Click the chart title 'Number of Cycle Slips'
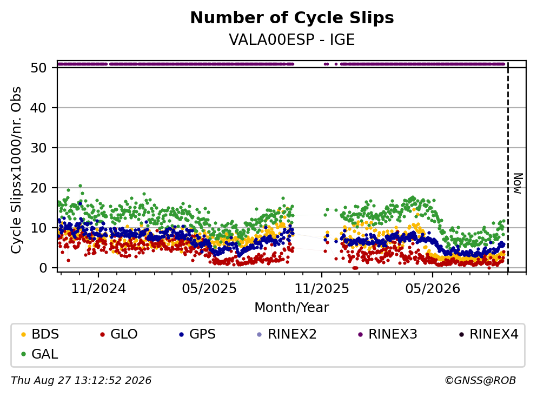[292, 18]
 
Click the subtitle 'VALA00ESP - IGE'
[292, 39]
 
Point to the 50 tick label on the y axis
[38, 68]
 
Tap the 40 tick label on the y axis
[38, 108]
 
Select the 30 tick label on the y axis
[38, 148]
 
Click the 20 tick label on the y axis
[38, 188]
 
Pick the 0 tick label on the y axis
[43, 268]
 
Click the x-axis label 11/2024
[98, 289]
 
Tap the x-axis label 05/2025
[209, 289]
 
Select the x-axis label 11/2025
[322, 289]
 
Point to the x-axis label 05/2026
[433, 289]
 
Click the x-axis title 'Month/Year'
[292, 308]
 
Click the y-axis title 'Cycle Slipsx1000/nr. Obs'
[16, 170]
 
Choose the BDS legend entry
[40, 334]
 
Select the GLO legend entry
[119, 334]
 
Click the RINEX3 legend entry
[388, 334]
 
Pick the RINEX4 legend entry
[489, 334]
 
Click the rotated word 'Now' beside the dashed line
[518, 183]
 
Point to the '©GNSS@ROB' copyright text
[480, 381]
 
